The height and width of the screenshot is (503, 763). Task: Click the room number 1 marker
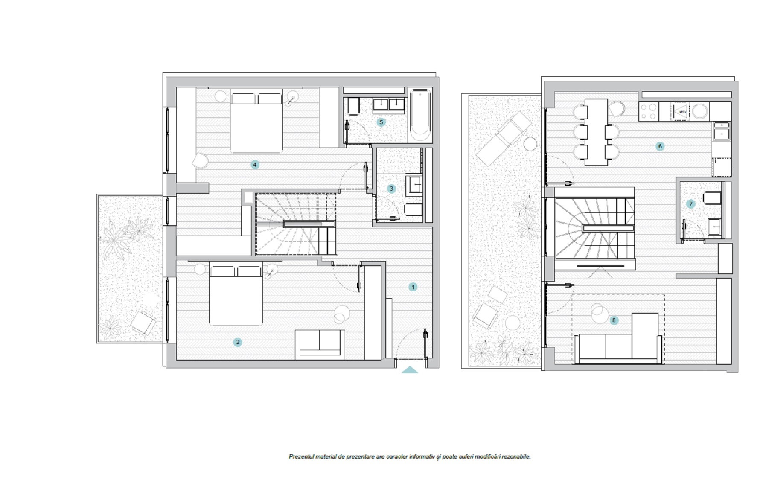click(x=413, y=287)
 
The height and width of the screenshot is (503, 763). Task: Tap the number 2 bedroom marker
click(x=238, y=342)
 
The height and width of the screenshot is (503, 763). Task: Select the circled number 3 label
click(x=392, y=189)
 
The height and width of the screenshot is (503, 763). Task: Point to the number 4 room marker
click(x=255, y=165)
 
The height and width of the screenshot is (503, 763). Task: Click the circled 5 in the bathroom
click(x=381, y=122)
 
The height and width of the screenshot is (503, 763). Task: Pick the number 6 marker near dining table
click(x=660, y=147)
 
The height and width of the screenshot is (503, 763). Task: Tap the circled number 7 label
click(x=691, y=204)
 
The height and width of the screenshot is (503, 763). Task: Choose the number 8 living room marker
click(x=614, y=320)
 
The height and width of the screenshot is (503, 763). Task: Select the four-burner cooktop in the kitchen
click(x=649, y=111)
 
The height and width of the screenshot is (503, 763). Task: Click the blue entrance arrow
click(x=410, y=370)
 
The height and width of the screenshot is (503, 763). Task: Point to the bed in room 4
click(x=256, y=121)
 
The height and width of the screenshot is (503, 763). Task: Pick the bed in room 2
click(x=236, y=296)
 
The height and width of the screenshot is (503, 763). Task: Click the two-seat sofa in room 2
click(x=320, y=343)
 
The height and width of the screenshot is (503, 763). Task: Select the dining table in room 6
click(x=596, y=132)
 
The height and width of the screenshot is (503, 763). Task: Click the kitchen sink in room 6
click(x=721, y=131)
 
